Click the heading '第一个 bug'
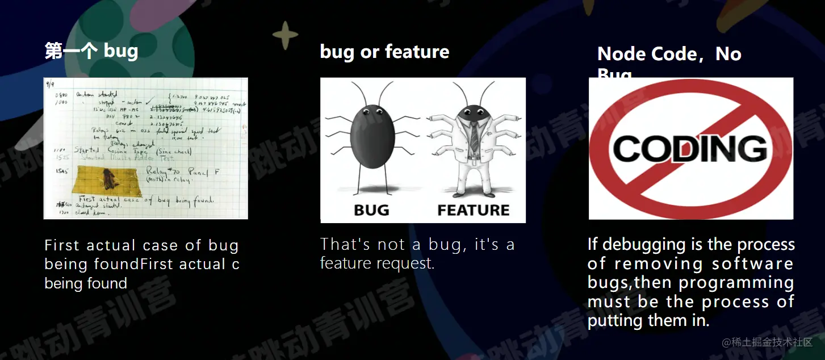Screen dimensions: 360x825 coord(91,51)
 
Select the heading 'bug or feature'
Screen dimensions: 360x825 coord(384,52)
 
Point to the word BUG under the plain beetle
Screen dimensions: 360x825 coord(371,210)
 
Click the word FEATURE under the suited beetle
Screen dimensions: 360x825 coord(474,210)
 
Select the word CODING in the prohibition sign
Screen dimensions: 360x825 coord(690,149)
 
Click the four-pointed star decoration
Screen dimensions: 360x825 coord(285,35)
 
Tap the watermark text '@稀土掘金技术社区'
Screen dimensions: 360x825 coord(767,342)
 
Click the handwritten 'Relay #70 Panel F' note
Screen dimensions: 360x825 coord(177,171)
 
